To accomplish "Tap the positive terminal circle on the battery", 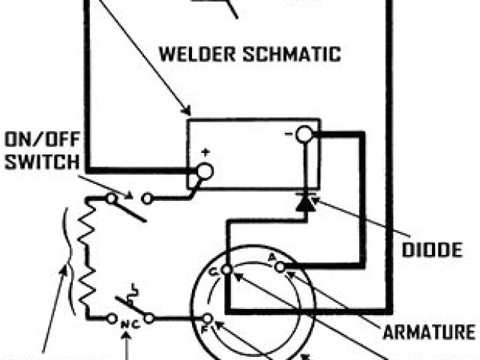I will (x=204, y=172).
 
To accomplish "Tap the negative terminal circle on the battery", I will (x=304, y=135).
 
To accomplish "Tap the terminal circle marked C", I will (x=227, y=272).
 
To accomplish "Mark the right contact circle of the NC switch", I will (x=148, y=318).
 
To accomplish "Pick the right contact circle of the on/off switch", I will (x=147, y=199).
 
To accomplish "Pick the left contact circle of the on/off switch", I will (x=110, y=199).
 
